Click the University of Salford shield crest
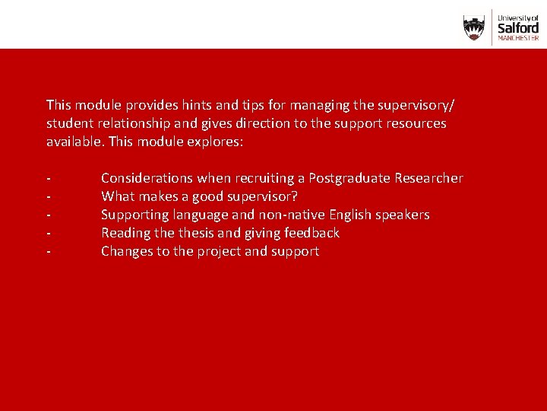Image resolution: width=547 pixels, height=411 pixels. click(474, 27)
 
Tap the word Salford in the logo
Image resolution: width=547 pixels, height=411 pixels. click(517, 26)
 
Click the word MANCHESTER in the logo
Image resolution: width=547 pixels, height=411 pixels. click(517, 37)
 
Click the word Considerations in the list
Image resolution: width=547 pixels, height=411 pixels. click(147, 178)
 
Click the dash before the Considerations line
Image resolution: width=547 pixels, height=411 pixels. click(49, 179)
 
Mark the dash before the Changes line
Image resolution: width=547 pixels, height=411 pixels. click(49, 252)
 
